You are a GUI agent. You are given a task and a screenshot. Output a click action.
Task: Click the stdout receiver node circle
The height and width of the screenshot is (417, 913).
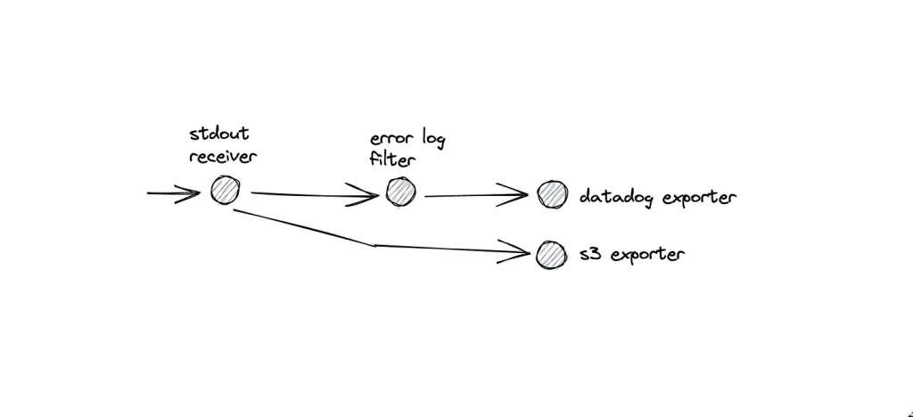click(x=225, y=190)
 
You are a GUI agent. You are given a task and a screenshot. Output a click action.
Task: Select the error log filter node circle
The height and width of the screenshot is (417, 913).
click(x=400, y=192)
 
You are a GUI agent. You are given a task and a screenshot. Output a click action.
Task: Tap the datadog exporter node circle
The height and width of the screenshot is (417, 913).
click(x=552, y=194)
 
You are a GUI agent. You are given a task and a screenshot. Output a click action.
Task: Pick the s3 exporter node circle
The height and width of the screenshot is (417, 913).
click(x=550, y=255)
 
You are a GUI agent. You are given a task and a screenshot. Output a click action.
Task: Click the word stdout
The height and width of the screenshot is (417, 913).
click(x=219, y=135)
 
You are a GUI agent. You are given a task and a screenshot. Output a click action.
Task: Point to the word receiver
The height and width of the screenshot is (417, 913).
click(x=223, y=158)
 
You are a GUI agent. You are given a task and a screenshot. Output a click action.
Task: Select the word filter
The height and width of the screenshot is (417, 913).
click(x=389, y=163)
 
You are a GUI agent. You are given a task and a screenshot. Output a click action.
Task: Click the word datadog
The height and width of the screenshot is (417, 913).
click(x=616, y=196)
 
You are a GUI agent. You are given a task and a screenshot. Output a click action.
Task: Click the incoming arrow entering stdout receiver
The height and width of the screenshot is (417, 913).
click(x=174, y=192)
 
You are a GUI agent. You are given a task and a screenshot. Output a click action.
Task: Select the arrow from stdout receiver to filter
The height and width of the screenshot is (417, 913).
click(x=312, y=193)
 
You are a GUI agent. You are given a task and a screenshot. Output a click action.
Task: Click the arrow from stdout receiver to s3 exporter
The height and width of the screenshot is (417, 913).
click(x=374, y=244)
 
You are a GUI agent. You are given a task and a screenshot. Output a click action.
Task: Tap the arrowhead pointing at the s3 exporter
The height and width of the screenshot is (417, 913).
click(x=522, y=253)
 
